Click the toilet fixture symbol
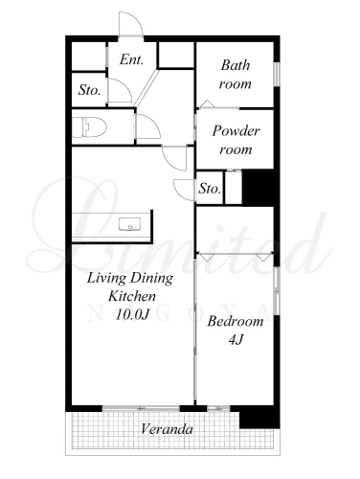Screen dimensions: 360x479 tap(89, 127)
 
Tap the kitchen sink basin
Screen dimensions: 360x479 tap(130, 224)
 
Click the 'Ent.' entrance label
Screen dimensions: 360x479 tap(131, 59)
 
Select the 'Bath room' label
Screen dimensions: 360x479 tap(236, 75)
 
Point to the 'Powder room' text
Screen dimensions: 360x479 tap(236, 140)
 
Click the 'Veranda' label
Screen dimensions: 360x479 tap(167, 429)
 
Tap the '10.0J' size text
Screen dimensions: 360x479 tap(132, 314)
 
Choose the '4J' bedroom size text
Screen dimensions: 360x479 tap(236, 339)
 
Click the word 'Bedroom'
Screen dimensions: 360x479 tap(236, 321)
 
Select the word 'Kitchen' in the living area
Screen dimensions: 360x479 tap(132, 296)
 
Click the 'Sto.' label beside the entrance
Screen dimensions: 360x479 tap(90, 90)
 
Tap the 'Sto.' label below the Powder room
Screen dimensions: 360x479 tap(210, 189)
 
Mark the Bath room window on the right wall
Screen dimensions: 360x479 tap(277, 75)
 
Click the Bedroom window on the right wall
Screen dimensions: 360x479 tap(277, 290)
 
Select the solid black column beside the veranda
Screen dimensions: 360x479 tap(259, 417)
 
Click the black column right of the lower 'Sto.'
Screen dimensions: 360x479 tap(259, 187)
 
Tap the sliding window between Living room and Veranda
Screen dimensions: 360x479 tap(141, 408)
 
